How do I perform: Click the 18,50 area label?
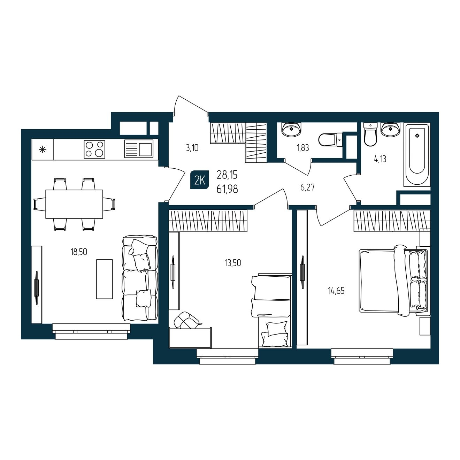pyautogui.click(x=79, y=252)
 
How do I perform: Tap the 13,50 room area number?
pyautogui.click(x=233, y=263)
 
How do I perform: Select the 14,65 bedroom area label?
pyautogui.click(x=336, y=291)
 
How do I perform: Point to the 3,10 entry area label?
pyautogui.click(x=192, y=148)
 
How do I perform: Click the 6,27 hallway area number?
pyautogui.click(x=307, y=187)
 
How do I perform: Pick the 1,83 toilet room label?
pyautogui.click(x=303, y=148)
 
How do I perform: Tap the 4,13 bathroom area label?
pyautogui.click(x=380, y=159)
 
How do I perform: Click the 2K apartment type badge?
pyautogui.click(x=200, y=179)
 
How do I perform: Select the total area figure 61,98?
pyautogui.click(x=227, y=189)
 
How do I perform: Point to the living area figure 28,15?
pyautogui.click(x=227, y=175)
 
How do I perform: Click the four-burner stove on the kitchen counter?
pyautogui.click(x=94, y=149)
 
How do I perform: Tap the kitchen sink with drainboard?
pyautogui.click(x=139, y=149)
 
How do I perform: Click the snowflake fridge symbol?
pyautogui.click(x=43, y=150)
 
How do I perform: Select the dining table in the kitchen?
pyautogui.click(x=74, y=204)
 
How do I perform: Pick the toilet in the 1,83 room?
pyautogui.click(x=331, y=140)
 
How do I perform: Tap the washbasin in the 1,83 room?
pyautogui.click(x=291, y=130)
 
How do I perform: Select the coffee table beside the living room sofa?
pyautogui.click(x=104, y=279)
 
